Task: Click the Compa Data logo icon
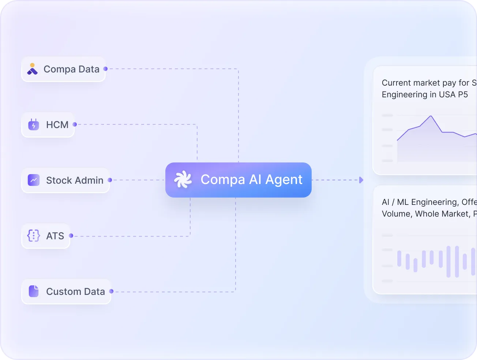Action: (x=33, y=69)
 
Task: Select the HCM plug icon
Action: (x=34, y=125)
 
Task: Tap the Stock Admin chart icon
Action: (x=34, y=180)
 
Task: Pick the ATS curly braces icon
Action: (x=34, y=236)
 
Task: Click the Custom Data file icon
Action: (x=34, y=291)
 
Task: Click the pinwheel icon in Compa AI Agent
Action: (x=183, y=180)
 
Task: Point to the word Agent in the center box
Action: (x=284, y=180)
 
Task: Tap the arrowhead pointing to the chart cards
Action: (x=361, y=180)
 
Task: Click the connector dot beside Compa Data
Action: (x=105, y=69)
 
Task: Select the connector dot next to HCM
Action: (x=75, y=124)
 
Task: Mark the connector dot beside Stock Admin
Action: (x=110, y=180)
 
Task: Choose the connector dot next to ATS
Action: (x=71, y=236)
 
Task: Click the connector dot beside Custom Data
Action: (x=111, y=291)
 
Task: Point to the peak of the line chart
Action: (x=431, y=116)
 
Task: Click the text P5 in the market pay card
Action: (x=463, y=94)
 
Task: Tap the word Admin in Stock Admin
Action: (x=89, y=180)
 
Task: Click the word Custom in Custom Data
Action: (x=60, y=292)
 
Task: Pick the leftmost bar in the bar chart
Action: (x=399, y=258)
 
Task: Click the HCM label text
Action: (x=57, y=125)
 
